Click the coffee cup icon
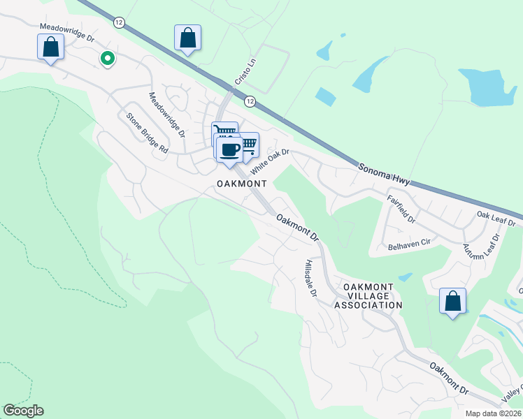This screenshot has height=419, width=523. click(x=229, y=149)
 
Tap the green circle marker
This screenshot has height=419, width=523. click(x=107, y=59)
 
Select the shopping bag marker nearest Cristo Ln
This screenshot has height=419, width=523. click(x=188, y=38)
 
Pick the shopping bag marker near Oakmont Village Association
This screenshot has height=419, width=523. click(x=453, y=302)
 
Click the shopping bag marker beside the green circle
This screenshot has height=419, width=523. click(x=51, y=47)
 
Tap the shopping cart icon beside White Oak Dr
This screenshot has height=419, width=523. click(x=248, y=145)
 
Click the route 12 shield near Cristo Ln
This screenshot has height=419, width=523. click(x=250, y=102)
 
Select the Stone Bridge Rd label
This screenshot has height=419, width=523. click(x=147, y=133)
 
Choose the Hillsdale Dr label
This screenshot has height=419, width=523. click(x=311, y=279)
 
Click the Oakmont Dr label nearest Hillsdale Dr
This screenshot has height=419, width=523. click(x=297, y=228)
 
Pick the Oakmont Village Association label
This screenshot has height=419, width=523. click(x=368, y=296)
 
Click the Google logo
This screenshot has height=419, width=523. click(x=23, y=411)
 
